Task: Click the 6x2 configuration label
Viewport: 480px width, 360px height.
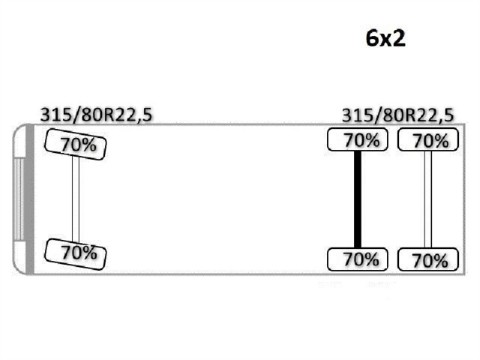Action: click(x=385, y=38)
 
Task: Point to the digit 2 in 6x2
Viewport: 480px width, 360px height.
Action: click(x=399, y=38)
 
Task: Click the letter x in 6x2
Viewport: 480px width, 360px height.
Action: click(x=386, y=40)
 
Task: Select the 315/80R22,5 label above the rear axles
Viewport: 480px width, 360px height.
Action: click(x=397, y=115)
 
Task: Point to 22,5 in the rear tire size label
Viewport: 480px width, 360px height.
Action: click(x=436, y=115)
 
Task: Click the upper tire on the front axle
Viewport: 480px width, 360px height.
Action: click(x=76, y=143)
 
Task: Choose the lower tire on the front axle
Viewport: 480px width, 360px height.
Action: click(x=76, y=253)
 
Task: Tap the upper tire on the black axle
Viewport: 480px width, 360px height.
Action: click(x=357, y=139)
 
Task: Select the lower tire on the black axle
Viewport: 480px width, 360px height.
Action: click(x=357, y=259)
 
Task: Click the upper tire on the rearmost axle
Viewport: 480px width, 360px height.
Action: click(x=427, y=139)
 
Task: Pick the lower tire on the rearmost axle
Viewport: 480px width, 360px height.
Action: click(x=427, y=259)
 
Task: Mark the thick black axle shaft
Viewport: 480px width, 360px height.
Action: click(x=358, y=199)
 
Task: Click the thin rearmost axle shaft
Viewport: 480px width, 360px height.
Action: click(x=427, y=199)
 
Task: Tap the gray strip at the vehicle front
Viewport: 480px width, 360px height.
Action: click(x=29, y=199)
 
